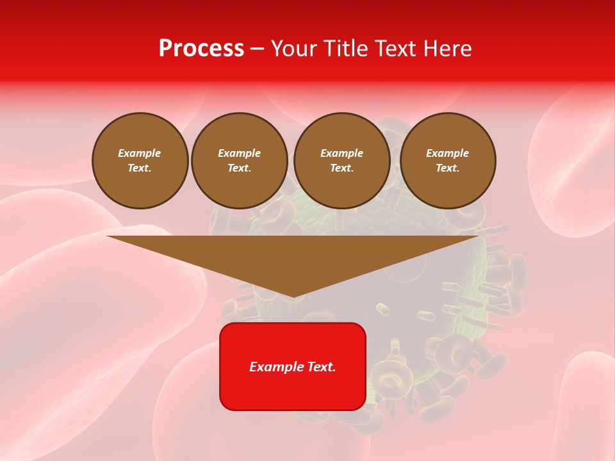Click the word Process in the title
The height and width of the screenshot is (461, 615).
pyautogui.click(x=201, y=49)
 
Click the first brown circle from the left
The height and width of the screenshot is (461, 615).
pyautogui.click(x=140, y=161)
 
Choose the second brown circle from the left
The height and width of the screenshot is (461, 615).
pyautogui.click(x=239, y=161)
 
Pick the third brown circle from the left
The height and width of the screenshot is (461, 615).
pyautogui.click(x=341, y=161)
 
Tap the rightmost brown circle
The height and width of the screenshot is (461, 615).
pyautogui.click(x=447, y=161)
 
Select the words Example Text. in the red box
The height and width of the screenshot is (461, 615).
pyautogui.click(x=293, y=367)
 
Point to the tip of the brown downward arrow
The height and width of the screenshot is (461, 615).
pyautogui.click(x=293, y=296)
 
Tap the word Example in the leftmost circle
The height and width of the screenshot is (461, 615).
pyautogui.click(x=140, y=153)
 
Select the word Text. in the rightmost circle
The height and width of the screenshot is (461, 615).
pyautogui.click(x=447, y=168)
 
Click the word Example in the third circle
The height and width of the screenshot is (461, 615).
pyautogui.click(x=341, y=153)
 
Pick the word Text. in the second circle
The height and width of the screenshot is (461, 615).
pyautogui.click(x=239, y=168)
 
